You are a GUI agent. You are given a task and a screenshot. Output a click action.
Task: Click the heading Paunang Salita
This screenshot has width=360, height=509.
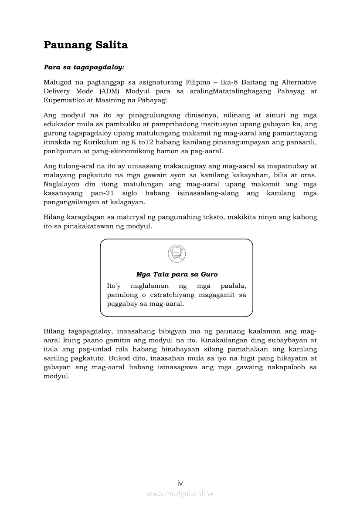click(85, 45)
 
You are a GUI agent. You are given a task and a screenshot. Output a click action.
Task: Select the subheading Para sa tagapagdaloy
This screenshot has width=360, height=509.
click(84, 67)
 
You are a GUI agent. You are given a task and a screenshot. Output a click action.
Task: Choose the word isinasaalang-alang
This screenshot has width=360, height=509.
click(208, 192)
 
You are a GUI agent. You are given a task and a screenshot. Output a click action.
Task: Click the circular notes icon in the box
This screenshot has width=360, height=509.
click(177, 253)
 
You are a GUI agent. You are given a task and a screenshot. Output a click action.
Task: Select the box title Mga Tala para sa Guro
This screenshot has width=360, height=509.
click(177, 274)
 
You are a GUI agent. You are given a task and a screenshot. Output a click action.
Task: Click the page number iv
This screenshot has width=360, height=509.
click(180, 483)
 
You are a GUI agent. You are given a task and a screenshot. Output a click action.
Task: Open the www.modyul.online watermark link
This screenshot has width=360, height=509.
click(180, 494)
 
